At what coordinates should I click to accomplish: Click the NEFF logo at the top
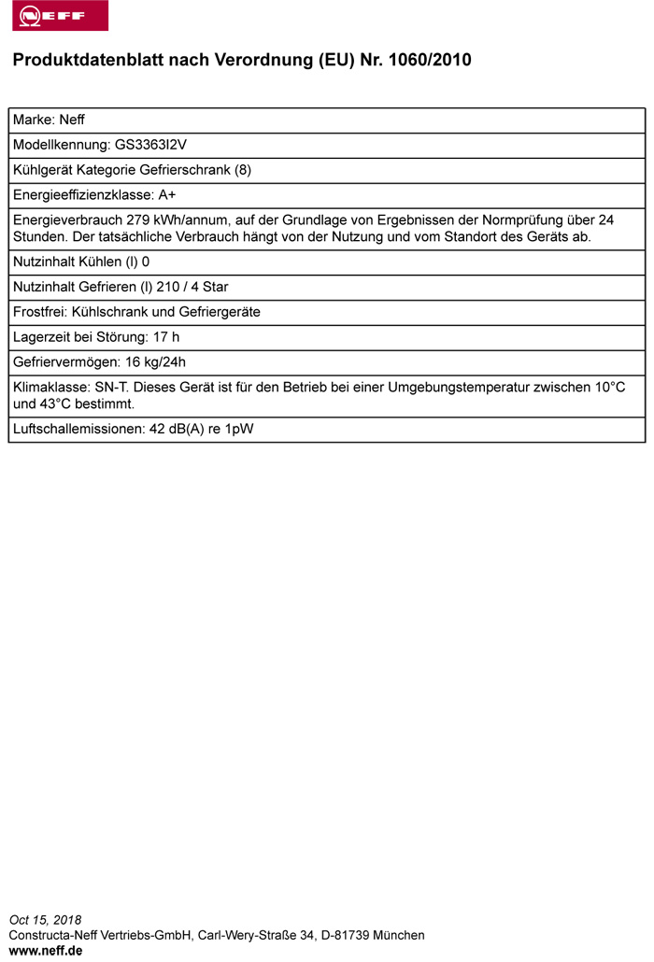click(60, 16)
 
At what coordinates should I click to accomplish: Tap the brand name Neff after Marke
click(72, 120)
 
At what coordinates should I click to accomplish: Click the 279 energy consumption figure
click(121, 220)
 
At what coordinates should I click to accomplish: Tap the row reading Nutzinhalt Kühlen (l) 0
click(81, 262)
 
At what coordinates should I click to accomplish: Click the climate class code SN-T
click(113, 388)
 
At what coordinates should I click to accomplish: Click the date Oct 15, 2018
click(46, 920)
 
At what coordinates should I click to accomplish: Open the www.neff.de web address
click(46, 951)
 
